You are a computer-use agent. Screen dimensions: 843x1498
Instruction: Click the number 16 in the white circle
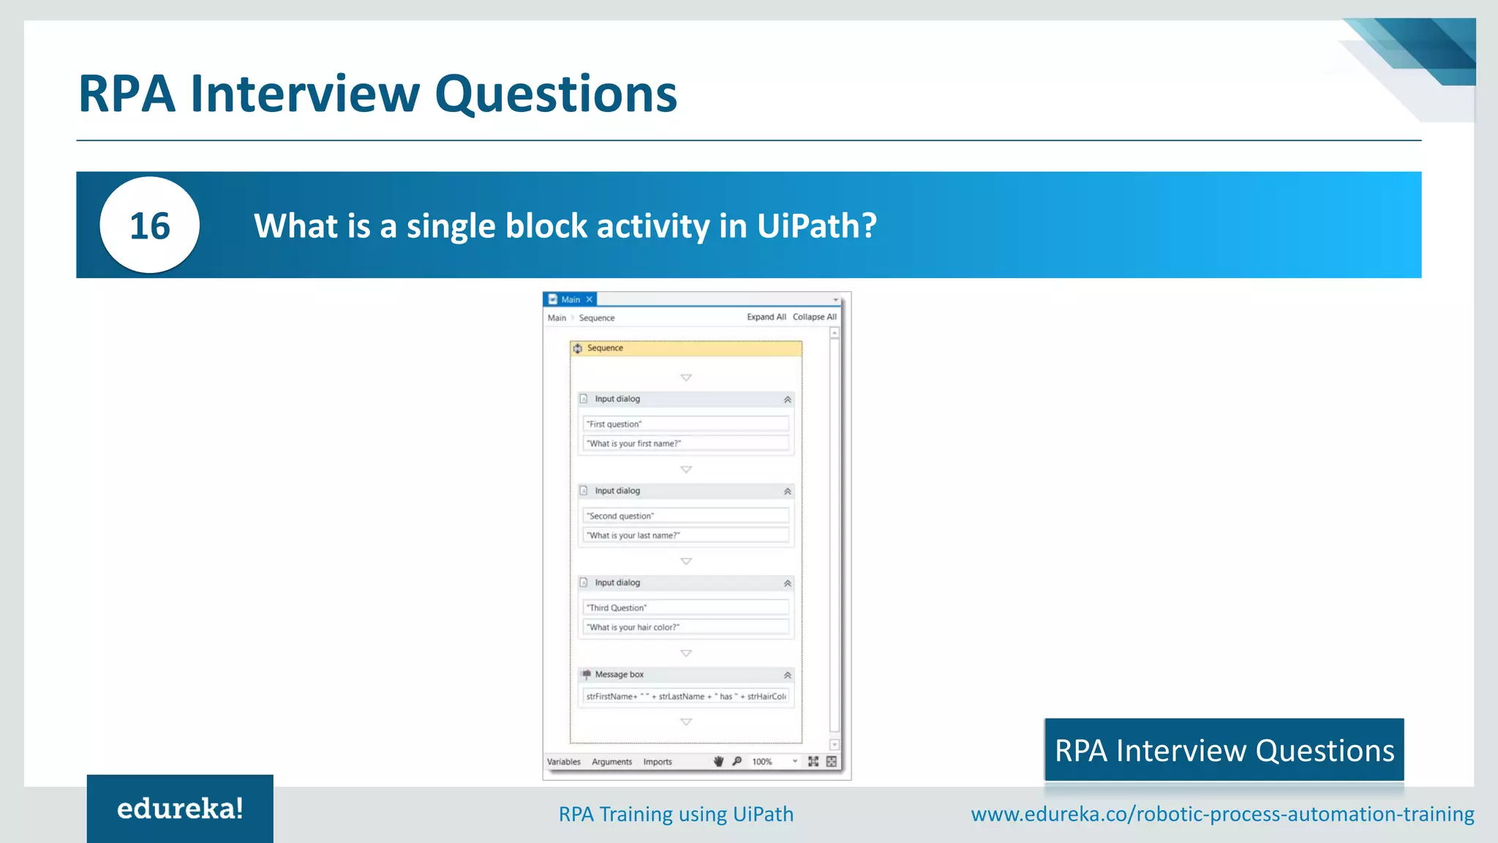(149, 225)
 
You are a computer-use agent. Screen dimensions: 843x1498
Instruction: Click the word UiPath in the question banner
(809, 225)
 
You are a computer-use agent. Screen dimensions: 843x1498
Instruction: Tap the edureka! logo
(180, 809)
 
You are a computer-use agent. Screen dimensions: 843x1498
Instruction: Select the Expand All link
(766, 317)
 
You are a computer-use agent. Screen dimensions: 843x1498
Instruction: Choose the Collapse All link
(814, 317)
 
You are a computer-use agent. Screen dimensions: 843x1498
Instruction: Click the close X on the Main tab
(590, 299)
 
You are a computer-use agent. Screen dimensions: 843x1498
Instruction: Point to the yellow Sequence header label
(605, 348)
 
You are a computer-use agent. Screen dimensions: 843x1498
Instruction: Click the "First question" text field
(685, 424)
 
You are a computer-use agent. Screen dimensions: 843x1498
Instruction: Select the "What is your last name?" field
(685, 536)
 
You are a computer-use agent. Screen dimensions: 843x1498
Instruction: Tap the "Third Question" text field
(685, 607)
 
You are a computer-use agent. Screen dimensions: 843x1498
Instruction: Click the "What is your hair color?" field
(685, 627)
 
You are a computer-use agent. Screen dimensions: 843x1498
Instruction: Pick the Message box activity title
(619, 675)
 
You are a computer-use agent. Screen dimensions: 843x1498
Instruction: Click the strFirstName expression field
(685, 697)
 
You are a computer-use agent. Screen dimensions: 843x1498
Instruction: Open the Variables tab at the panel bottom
(563, 762)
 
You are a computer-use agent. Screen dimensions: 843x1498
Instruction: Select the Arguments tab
(611, 762)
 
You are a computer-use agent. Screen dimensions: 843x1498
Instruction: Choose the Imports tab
(658, 762)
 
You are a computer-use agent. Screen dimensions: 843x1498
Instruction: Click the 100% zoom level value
(762, 762)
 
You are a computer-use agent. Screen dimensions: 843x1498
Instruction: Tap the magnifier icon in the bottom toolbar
(737, 761)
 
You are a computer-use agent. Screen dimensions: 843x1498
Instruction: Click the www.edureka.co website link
(1222, 814)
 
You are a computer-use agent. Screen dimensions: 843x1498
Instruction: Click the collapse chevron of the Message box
(788, 675)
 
